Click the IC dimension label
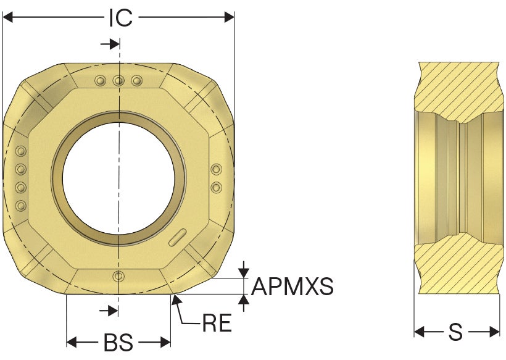tap(121, 18)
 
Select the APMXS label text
tap(292, 287)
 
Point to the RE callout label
tap(217, 323)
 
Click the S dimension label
tap(455, 332)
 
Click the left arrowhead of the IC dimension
tap(7, 17)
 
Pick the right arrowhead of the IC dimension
tap(229, 17)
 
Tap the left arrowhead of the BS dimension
tap(72, 341)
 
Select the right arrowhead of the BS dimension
tap(165, 341)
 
